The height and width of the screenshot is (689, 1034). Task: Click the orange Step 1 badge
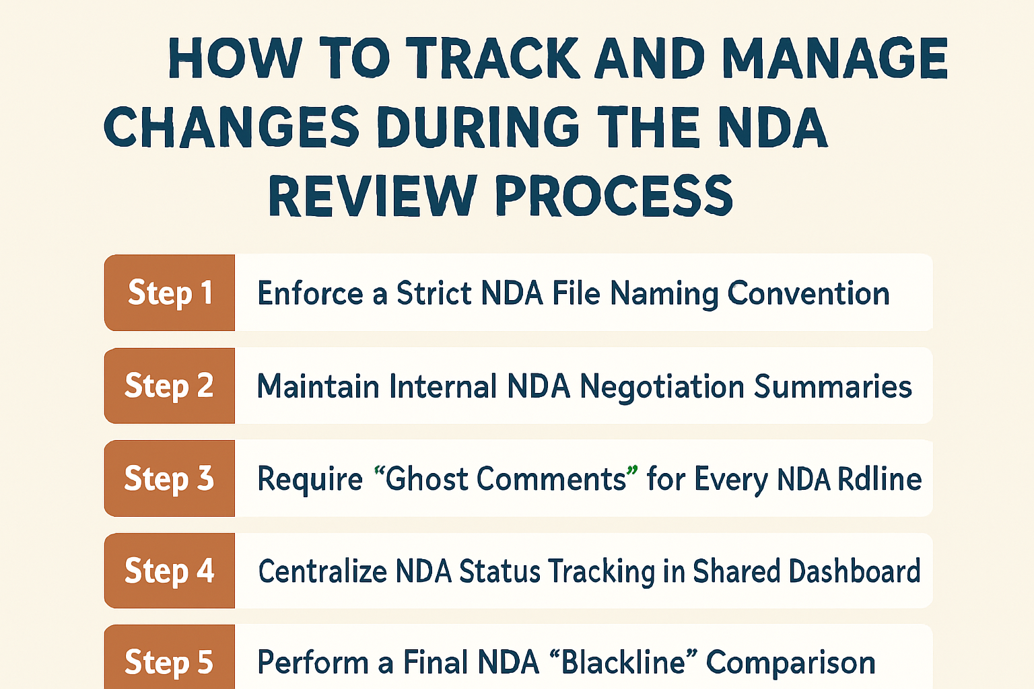pos(170,293)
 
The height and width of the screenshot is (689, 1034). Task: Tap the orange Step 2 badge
pos(170,386)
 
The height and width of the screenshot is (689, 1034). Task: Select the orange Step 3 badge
pos(170,478)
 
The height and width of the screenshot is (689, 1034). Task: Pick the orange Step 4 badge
pos(170,571)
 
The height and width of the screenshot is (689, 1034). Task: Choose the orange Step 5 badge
pos(170,660)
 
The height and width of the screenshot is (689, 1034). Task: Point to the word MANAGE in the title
pos(835,59)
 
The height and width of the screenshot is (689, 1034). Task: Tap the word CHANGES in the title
pos(232,127)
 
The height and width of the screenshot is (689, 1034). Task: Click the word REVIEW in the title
pos(372,196)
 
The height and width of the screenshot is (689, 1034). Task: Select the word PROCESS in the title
pos(613,196)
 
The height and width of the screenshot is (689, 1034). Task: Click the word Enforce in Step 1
pos(310,294)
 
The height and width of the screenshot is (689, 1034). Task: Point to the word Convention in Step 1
pos(808,294)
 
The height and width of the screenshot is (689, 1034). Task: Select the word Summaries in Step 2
pos(833,387)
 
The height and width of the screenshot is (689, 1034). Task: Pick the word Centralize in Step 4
pos(322,571)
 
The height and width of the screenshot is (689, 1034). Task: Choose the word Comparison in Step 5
pos(790,663)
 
